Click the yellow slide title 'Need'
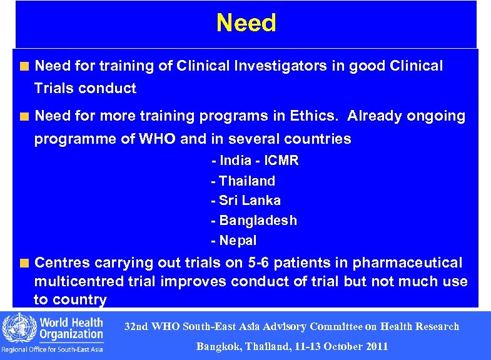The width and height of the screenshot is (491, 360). tap(246, 23)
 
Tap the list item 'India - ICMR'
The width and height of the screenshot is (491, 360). tap(255, 161)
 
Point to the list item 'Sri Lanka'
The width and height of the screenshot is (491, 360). tap(246, 201)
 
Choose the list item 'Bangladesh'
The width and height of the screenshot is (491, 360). tap(254, 221)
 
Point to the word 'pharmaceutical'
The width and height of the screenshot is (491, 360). tap(408, 262)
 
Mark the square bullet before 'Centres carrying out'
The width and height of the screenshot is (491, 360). tap(24, 263)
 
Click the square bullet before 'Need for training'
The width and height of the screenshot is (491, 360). tap(24, 66)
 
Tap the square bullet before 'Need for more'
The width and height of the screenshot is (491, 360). tap(24, 116)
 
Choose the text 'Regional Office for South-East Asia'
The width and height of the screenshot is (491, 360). tap(52, 349)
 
